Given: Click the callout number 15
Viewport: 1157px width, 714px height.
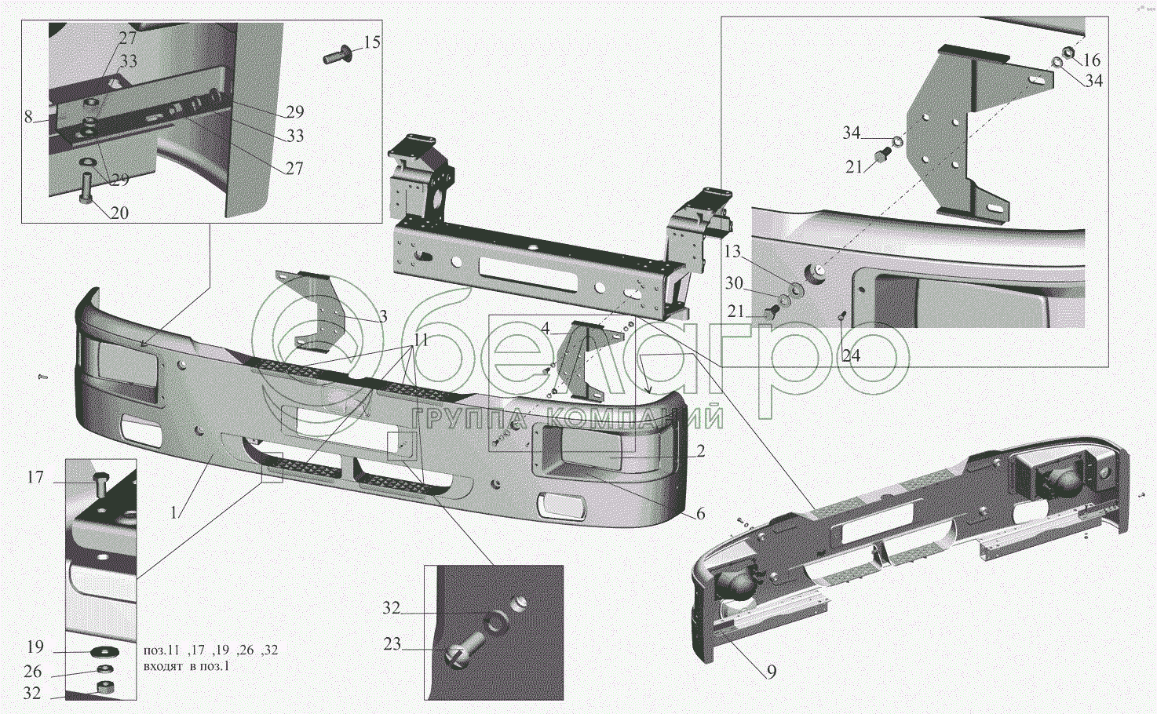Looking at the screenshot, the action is pos(372,42).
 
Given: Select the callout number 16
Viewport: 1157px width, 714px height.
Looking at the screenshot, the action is pos(1091,60).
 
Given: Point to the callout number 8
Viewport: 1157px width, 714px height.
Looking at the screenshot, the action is pos(28,116).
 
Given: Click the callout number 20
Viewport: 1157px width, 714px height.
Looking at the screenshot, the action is pos(119,213).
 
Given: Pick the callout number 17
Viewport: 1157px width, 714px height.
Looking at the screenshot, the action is pos(35,478).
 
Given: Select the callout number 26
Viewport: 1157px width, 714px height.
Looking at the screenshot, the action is pos(32,672).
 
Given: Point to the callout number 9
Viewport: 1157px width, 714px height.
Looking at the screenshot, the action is pos(772,672).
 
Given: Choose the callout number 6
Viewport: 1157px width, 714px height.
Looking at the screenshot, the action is pos(700,514).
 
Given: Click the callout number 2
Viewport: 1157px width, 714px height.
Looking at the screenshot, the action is pos(700,451).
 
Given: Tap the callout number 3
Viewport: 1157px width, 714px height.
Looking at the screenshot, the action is pos(383,316).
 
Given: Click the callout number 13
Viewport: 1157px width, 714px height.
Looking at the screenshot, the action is pos(732,252).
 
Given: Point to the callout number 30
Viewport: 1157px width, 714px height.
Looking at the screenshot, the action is pos(734,283).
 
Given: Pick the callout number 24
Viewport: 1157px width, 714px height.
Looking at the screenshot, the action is pos(852,355).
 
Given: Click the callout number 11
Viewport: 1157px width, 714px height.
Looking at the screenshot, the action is pos(421,340).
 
